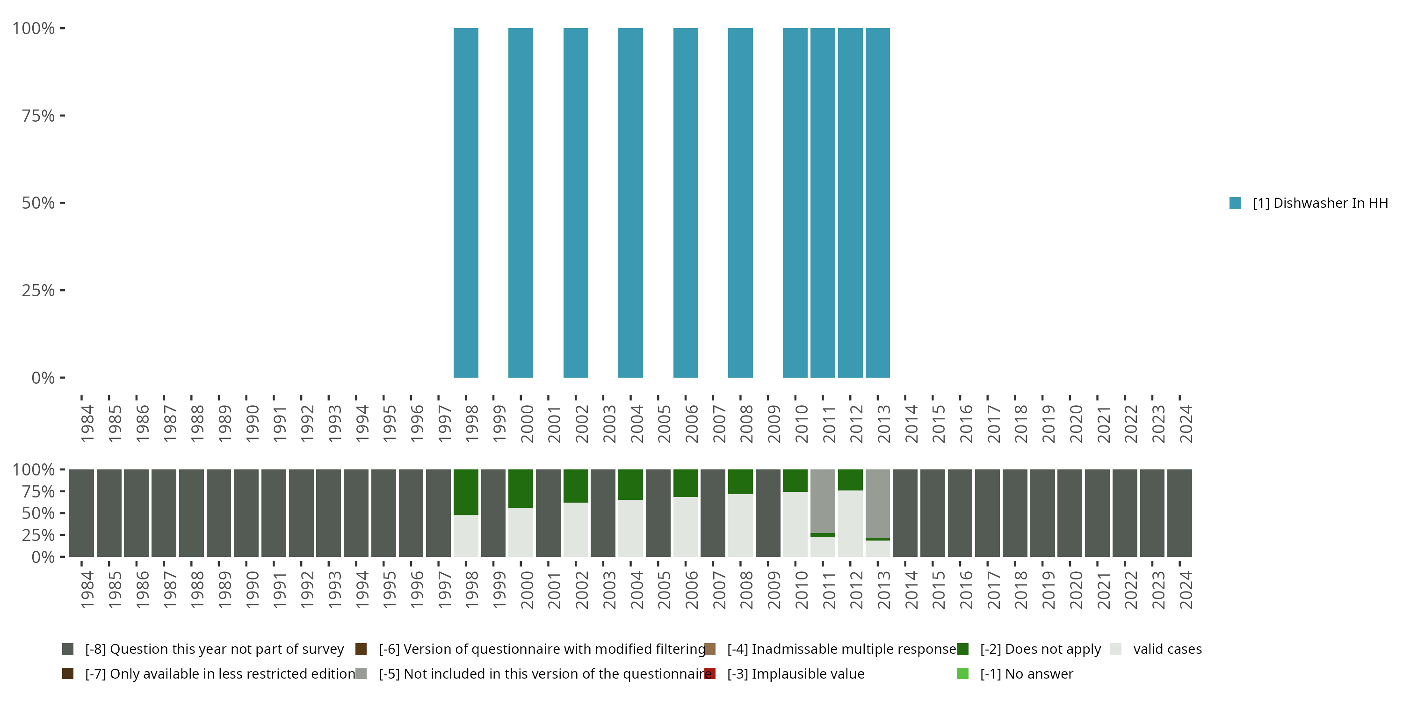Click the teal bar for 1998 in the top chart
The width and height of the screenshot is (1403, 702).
[x=466, y=203]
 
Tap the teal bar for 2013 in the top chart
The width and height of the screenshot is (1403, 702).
[x=877, y=203]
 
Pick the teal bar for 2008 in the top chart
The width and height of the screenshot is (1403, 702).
[x=740, y=203]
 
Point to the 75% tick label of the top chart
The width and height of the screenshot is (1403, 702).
[x=38, y=116]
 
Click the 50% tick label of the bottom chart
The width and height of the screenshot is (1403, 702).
[x=38, y=513]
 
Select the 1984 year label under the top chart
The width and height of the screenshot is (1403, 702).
[x=87, y=424]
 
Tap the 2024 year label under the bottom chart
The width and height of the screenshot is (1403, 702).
[x=1186, y=590]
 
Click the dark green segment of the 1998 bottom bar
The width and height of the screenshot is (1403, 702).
[x=466, y=491]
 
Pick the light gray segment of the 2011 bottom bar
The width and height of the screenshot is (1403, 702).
[x=823, y=500]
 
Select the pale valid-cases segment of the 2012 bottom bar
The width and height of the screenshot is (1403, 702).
[x=850, y=523]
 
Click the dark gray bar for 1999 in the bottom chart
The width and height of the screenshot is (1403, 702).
[x=493, y=513]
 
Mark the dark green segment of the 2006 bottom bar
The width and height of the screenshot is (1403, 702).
[x=685, y=483]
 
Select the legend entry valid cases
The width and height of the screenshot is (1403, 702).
[x=1167, y=649]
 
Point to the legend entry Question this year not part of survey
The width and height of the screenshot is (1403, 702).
[x=214, y=649]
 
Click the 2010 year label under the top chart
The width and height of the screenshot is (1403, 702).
[x=801, y=424]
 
